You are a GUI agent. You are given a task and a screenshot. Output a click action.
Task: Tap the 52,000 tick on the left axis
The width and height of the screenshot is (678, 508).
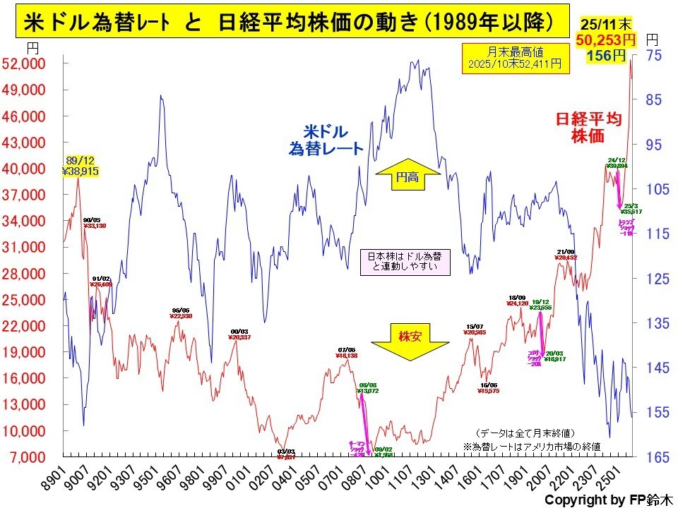[26, 64]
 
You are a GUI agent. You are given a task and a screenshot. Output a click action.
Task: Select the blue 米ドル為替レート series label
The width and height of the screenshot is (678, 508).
[326, 140]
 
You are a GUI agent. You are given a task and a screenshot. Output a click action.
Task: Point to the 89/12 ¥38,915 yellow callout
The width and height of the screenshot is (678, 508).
[80, 166]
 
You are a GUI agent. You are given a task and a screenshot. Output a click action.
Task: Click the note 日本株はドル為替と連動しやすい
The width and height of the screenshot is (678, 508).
[405, 261]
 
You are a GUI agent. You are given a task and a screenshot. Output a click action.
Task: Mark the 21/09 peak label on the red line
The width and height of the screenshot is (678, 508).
[566, 255]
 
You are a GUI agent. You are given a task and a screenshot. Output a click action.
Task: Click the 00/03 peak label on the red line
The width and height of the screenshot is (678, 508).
[240, 334]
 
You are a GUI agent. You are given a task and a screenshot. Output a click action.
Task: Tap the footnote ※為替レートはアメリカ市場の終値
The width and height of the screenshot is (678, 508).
[532, 446]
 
